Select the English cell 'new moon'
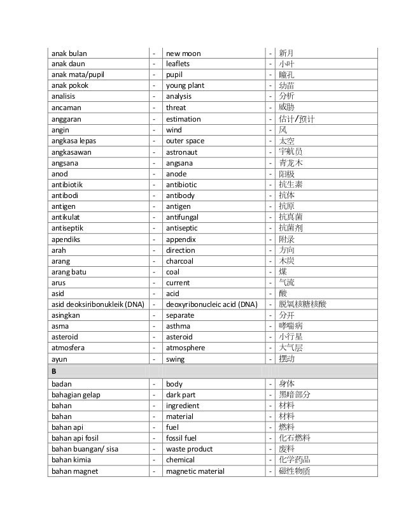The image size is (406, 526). click(x=183, y=53)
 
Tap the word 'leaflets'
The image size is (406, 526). click(x=178, y=64)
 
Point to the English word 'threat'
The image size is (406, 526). click(x=176, y=108)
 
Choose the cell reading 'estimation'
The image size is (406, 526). click(x=183, y=119)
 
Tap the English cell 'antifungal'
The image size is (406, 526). click(x=184, y=217)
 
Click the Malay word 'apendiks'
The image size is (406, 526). click(x=67, y=239)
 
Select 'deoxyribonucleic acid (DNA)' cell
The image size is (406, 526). click(x=211, y=304)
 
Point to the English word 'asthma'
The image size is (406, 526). click(x=178, y=327)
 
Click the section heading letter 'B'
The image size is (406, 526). click(x=55, y=371)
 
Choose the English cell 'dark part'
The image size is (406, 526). click(x=181, y=395)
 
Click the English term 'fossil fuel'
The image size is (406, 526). click(x=183, y=438)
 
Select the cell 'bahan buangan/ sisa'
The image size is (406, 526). click(x=83, y=449)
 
